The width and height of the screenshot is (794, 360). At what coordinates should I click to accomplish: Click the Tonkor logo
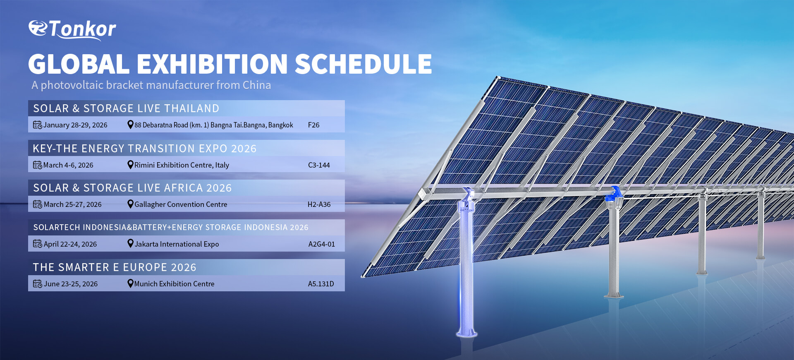point(72,29)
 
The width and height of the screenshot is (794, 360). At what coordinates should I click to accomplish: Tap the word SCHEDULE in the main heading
point(363,64)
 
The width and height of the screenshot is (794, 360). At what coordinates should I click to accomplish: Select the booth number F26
point(313,125)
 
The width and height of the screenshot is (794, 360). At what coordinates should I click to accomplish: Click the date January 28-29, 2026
point(75,125)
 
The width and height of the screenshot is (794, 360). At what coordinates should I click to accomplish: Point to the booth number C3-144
point(319,165)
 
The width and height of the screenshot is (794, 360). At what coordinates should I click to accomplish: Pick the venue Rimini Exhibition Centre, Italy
point(182,165)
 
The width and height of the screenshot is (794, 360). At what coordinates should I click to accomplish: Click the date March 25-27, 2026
point(72,204)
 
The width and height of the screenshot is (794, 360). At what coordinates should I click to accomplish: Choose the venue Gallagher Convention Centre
point(181,204)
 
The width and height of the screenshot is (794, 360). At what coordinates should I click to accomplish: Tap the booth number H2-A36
point(319,204)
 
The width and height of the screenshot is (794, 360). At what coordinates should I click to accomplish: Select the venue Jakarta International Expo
point(177,244)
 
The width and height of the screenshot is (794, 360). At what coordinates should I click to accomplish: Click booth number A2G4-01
point(322,244)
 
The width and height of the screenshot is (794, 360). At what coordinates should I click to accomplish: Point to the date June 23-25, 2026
point(71,284)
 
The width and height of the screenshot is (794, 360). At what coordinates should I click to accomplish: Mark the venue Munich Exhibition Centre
point(174,284)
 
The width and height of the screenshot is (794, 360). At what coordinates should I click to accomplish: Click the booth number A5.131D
point(321,284)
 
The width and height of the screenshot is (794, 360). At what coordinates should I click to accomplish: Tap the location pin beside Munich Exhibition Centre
point(130,283)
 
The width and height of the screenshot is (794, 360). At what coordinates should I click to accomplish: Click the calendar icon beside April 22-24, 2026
point(37,244)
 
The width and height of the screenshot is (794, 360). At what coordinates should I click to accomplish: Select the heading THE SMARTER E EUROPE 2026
point(115,267)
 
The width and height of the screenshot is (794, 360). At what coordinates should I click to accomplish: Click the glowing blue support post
point(467,265)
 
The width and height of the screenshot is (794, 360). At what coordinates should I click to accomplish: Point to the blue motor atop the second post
point(614,194)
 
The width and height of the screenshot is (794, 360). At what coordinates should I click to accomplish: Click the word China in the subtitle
point(257,85)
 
